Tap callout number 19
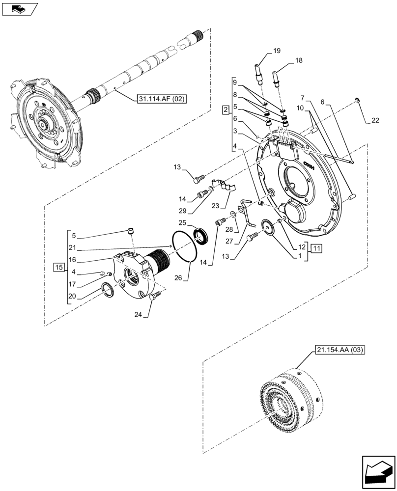pyautogui.click(x=277, y=51)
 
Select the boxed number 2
pyautogui.click(x=225, y=109)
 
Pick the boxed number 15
pyautogui.click(x=59, y=267)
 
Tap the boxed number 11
pyautogui.click(x=315, y=248)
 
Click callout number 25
pyautogui.click(x=182, y=223)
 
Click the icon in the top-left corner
pyautogui.click(x=19, y=9)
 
